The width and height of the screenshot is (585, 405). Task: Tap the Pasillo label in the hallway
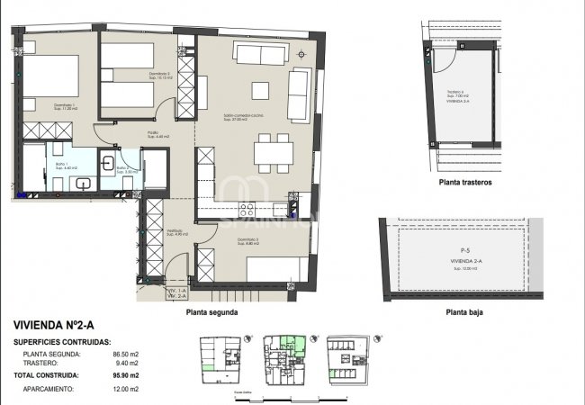point(153,133)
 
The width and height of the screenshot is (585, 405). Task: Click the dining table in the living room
point(271,152)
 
